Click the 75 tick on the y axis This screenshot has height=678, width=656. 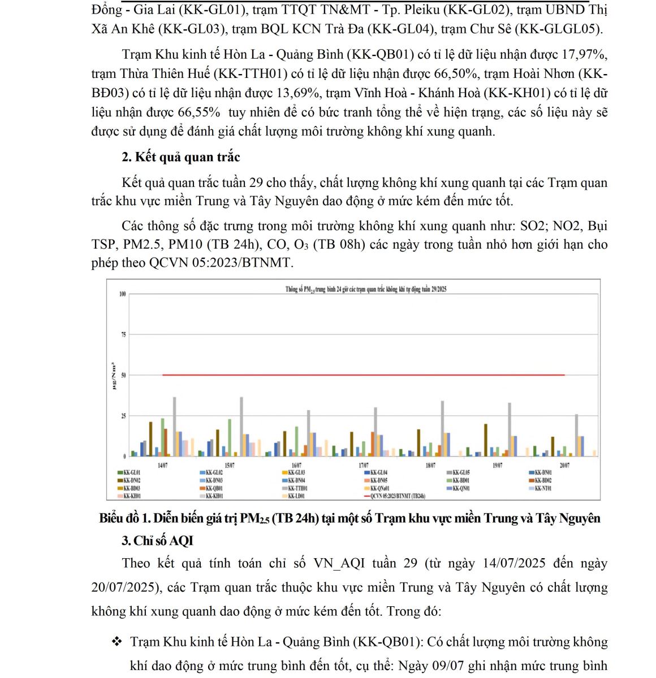click(x=122, y=334)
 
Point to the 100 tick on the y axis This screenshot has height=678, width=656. click(x=122, y=294)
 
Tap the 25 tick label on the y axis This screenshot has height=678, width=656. click(x=123, y=416)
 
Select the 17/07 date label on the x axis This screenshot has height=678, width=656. click(x=364, y=465)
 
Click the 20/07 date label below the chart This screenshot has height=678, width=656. click(x=564, y=465)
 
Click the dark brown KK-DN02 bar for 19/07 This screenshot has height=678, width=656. click(x=486, y=440)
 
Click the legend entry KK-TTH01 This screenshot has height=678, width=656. click(x=296, y=488)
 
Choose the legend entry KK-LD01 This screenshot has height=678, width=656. click(x=296, y=496)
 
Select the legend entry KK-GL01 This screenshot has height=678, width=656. click(x=132, y=472)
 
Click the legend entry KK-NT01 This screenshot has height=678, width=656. click(x=542, y=488)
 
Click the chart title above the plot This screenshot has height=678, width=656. click(x=365, y=289)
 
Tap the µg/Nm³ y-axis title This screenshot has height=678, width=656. click(x=114, y=375)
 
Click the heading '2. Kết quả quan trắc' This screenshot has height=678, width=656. click(x=181, y=157)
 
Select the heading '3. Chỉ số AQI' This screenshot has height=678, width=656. click(x=157, y=541)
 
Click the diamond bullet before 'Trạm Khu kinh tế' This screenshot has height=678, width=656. click(x=117, y=641)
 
